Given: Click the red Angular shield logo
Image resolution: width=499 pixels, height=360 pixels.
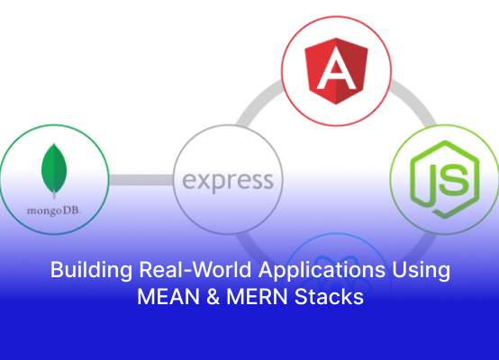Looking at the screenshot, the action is (x=336, y=71).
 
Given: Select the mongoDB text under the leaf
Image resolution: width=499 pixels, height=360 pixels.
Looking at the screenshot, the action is (x=54, y=211).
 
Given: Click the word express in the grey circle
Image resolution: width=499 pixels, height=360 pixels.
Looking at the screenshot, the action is (x=228, y=181).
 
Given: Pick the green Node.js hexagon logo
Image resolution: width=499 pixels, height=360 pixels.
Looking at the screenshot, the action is (x=445, y=180).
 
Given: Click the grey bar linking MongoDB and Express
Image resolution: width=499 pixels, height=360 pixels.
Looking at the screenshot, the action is (x=141, y=180).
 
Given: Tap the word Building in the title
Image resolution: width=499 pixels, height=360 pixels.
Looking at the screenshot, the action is (x=91, y=270).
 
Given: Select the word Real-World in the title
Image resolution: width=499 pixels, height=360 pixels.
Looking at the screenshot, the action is (x=195, y=269).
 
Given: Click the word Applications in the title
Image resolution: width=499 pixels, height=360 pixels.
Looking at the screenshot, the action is (x=322, y=270).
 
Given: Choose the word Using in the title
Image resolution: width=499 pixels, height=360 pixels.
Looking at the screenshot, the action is (x=421, y=271).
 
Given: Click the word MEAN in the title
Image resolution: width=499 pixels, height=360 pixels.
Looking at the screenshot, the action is (x=168, y=297).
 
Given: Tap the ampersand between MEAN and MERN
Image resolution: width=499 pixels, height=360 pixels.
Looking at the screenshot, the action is (x=213, y=297).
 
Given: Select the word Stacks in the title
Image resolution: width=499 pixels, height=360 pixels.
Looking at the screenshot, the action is (x=329, y=297).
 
